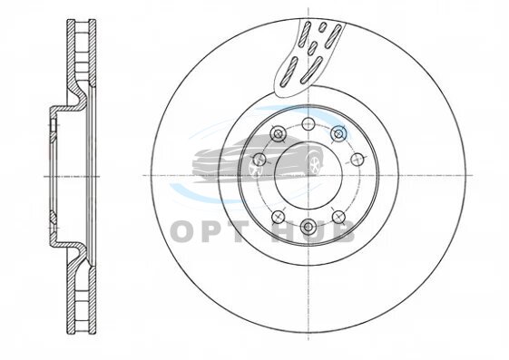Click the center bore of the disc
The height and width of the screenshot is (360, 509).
pos(308,175)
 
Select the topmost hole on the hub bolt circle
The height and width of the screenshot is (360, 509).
pos(308,123)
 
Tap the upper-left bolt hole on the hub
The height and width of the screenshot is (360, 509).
pos(279,133)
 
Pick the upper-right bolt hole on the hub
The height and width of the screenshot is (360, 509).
pos(338,133)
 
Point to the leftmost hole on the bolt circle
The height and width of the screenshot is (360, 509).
pos(259,160)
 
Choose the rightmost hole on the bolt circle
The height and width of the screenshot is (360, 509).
pos(357,160)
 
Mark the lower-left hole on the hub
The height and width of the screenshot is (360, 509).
pos(279,217)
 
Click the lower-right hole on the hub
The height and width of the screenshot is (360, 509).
pos(338,217)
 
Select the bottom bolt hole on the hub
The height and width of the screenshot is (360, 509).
pos(308,226)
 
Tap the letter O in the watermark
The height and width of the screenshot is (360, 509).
pos(184,231)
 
